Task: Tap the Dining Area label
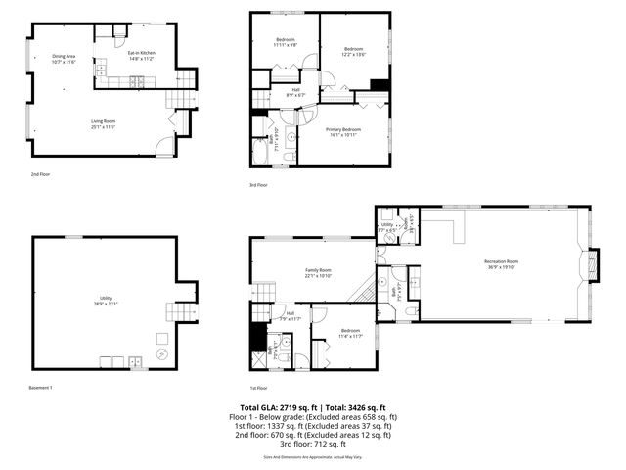tap(64, 57)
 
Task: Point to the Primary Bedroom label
tap(343, 129)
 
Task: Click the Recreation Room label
tap(500, 260)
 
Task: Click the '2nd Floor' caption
tap(40, 173)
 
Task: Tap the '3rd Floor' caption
tap(259, 184)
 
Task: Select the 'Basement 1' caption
tap(41, 388)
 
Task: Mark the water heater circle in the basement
tap(163, 353)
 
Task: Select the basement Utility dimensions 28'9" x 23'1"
tap(106, 304)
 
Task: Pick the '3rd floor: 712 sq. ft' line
tap(312, 443)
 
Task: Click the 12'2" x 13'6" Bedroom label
tap(353, 51)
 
